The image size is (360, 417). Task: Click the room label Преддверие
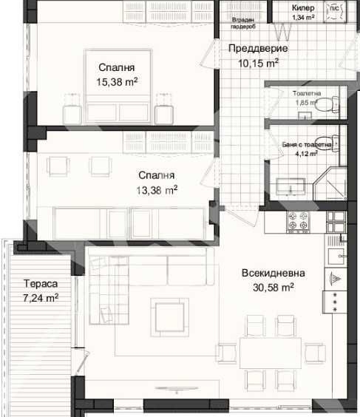[257, 49]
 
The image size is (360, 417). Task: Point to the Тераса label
[40, 284]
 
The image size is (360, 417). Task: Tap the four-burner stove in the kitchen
[299, 220]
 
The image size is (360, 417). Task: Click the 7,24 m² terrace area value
[41, 298]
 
